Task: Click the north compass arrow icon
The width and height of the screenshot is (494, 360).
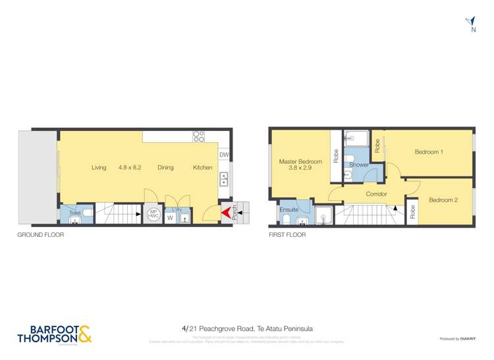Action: pos(470,22)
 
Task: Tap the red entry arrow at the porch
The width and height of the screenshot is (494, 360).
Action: pos(226,212)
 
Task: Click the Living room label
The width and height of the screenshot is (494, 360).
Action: pos(99,168)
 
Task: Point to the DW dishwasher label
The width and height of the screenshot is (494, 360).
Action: pos(224,155)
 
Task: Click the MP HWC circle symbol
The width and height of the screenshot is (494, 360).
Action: pos(153,214)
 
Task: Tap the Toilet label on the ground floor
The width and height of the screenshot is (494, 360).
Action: pos(74,213)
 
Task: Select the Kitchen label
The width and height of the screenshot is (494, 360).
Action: pos(202,168)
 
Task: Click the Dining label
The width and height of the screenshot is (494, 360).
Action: pos(165,168)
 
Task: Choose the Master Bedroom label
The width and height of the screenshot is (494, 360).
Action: pos(300,162)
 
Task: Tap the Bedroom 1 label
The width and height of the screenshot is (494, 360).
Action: pos(428,152)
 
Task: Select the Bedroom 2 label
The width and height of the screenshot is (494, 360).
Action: pos(443,200)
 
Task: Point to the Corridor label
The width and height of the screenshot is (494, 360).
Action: pos(377,194)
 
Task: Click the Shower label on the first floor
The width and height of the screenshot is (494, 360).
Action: pos(359,165)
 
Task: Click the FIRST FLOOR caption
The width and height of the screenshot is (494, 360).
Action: pos(287,234)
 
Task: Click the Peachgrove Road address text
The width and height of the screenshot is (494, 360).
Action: pos(247,328)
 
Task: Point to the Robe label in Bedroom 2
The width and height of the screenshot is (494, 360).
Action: pos(412,212)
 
